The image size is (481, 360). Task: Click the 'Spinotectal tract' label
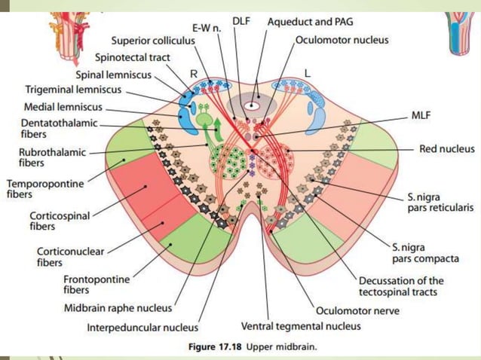(x=133, y=56)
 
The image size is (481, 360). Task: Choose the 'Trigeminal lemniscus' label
(x=69, y=89)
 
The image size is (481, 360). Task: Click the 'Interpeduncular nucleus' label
(x=142, y=328)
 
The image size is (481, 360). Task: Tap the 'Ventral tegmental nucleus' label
(x=301, y=326)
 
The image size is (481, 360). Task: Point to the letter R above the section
(x=194, y=75)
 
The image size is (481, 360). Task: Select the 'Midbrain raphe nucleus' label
(x=128, y=307)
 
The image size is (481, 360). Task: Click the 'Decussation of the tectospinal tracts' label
(x=400, y=286)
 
